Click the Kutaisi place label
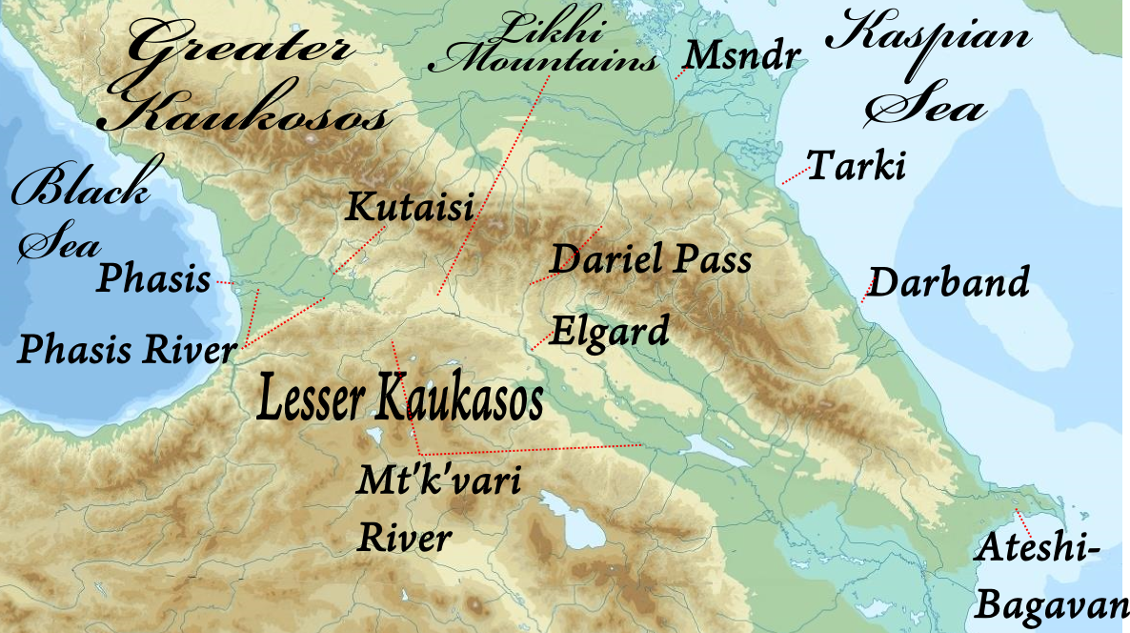410,208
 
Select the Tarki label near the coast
856,167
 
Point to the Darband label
949,283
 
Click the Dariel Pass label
651,259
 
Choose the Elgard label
610,333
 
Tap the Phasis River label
127,350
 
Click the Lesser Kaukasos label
400,400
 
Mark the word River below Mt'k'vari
404,539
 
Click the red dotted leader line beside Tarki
794,176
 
